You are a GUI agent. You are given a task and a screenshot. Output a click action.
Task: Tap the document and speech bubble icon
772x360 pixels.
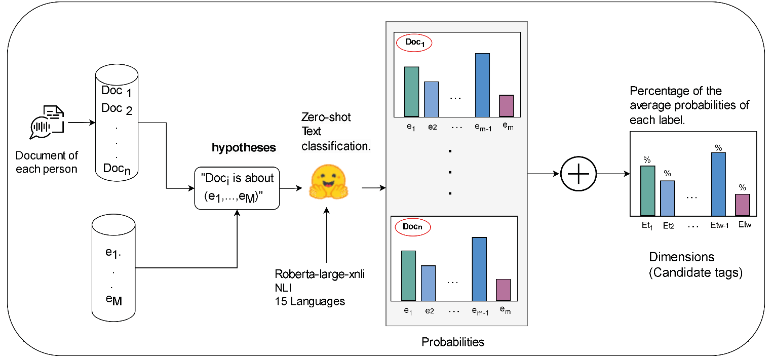click(47, 122)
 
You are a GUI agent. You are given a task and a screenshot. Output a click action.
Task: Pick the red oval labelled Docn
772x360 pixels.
click(412, 227)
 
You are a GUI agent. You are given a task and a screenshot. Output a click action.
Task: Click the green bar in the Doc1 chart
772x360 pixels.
click(411, 91)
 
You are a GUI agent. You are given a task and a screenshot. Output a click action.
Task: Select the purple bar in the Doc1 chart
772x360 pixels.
click(506, 106)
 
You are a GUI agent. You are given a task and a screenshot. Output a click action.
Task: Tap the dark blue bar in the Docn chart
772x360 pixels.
click(479, 268)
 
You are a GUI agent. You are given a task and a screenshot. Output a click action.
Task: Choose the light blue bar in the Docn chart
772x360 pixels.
click(429, 283)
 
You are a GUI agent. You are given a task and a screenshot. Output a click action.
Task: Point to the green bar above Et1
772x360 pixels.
click(647, 190)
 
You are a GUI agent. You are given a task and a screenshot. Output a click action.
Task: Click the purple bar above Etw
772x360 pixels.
click(742, 205)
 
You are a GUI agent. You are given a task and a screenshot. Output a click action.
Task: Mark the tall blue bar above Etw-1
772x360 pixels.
click(718, 184)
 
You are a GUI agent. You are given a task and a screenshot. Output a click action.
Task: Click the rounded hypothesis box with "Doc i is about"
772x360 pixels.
click(237, 188)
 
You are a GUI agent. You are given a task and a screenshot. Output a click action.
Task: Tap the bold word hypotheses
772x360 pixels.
click(244, 148)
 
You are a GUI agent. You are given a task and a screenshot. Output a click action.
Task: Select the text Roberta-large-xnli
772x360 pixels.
click(320, 274)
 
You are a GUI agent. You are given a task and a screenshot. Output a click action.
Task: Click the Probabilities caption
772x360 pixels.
click(453, 342)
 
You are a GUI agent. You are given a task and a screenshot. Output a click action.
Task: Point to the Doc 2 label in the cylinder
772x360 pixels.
click(117, 108)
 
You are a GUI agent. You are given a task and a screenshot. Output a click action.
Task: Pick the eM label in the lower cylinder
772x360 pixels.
click(113, 300)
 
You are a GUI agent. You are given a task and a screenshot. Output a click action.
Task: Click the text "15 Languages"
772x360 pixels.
click(310, 301)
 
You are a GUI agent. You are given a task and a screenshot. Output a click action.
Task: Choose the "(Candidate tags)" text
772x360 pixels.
click(696, 273)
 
